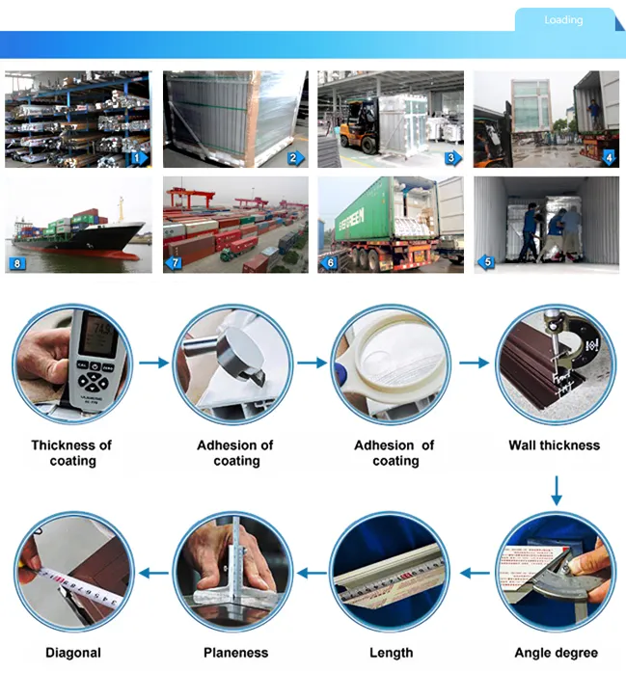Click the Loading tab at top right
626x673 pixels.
[x=563, y=19]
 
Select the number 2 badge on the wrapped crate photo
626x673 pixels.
[x=295, y=158]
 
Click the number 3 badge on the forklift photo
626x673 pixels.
[x=451, y=158]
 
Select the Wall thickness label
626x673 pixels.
[x=555, y=445]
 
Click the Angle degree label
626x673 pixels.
[x=556, y=653]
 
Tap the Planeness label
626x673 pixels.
[x=235, y=653]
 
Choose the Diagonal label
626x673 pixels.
[x=73, y=653]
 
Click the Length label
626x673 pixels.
[x=392, y=653]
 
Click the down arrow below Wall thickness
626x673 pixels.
[x=557, y=491]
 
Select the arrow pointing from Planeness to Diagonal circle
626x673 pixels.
[x=153, y=573]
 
